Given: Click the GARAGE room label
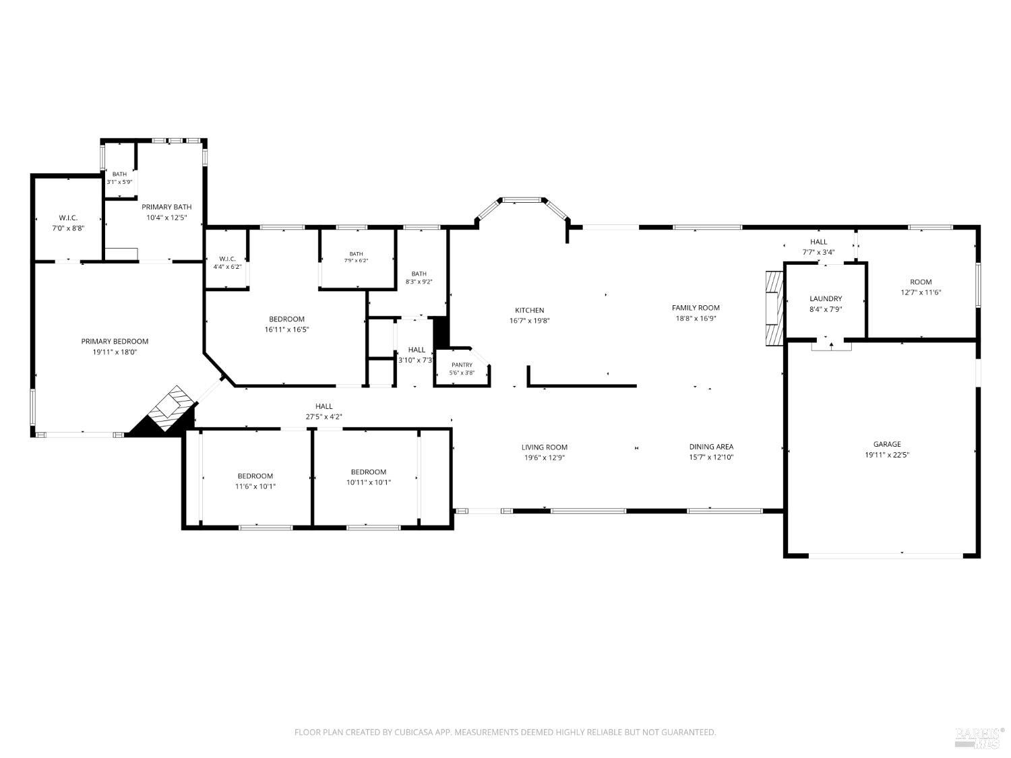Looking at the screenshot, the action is [x=886, y=444].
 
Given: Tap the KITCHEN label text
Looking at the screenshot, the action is [x=529, y=310].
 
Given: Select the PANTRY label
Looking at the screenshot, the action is [x=462, y=365].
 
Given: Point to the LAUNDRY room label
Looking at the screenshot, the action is [x=826, y=298].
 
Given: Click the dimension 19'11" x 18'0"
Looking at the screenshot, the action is [x=115, y=352].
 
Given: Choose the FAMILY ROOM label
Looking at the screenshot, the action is [x=696, y=308].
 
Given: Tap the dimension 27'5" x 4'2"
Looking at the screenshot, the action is [x=324, y=417].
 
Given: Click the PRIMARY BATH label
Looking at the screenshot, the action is [x=166, y=207].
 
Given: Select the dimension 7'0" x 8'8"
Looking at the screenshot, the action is [x=68, y=228].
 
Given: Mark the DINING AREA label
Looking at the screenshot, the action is [x=711, y=447].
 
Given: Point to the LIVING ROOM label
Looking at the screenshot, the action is [x=545, y=447].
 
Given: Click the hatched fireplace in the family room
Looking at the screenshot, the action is [x=774, y=308].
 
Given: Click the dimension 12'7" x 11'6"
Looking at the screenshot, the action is [x=921, y=292].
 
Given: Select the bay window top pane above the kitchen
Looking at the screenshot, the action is [x=522, y=199].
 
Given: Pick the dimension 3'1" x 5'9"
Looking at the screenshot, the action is [x=119, y=182].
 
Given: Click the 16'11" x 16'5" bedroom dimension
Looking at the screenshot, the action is [x=286, y=329].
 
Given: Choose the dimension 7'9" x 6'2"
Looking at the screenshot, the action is [x=356, y=261].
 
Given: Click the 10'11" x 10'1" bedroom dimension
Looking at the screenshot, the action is [x=369, y=482].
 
